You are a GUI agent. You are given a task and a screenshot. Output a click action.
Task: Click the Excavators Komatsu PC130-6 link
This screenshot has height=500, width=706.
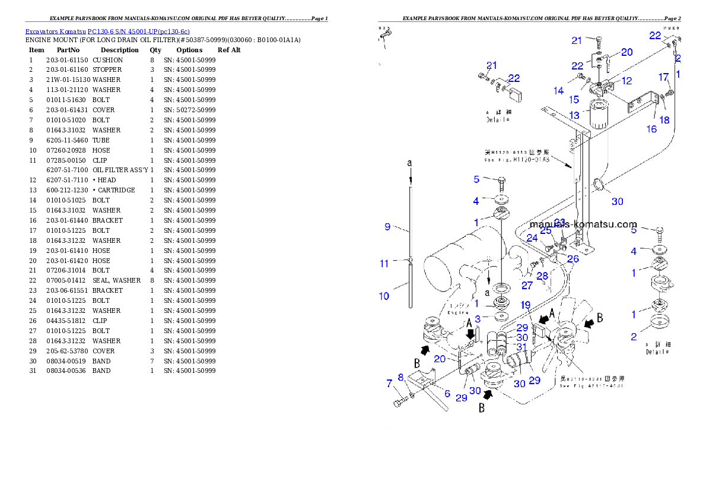[107, 31]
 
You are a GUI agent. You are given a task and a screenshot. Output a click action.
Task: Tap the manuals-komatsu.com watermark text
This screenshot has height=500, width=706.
[583, 224]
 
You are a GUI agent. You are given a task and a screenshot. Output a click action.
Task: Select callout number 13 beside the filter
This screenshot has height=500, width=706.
[574, 115]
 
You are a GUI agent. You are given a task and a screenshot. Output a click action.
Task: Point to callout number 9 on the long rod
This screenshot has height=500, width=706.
[387, 226]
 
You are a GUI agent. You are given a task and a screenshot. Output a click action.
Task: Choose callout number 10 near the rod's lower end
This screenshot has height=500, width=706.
[384, 296]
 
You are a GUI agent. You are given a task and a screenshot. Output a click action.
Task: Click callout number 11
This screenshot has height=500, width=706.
[384, 263]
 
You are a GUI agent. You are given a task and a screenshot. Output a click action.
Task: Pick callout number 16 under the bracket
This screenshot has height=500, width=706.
[651, 128]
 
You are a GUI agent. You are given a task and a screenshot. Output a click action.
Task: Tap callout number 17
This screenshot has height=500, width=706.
[664, 77]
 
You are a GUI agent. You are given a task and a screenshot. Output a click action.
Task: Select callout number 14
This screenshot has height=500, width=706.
[559, 91]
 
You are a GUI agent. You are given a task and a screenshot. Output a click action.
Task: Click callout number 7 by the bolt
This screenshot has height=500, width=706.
[389, 384]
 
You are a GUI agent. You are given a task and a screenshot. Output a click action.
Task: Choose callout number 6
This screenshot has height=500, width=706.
[447, 393]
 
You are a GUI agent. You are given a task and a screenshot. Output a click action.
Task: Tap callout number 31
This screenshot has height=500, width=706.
[521, 347]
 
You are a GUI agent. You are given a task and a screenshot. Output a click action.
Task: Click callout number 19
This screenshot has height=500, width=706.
[526, 305]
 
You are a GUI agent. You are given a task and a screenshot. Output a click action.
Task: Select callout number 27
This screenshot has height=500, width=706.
[527, 285]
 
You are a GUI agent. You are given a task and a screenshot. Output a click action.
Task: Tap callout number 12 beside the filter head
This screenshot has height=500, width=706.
[627, 80]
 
